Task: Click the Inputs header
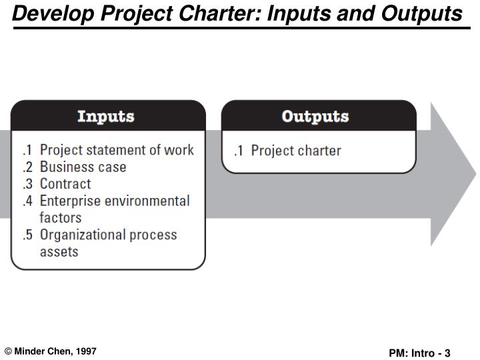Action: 106,117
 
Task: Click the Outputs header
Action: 315,117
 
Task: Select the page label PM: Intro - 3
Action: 420,353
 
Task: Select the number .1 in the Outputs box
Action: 238,151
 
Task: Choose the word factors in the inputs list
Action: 61,218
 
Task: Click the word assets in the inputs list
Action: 59,252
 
